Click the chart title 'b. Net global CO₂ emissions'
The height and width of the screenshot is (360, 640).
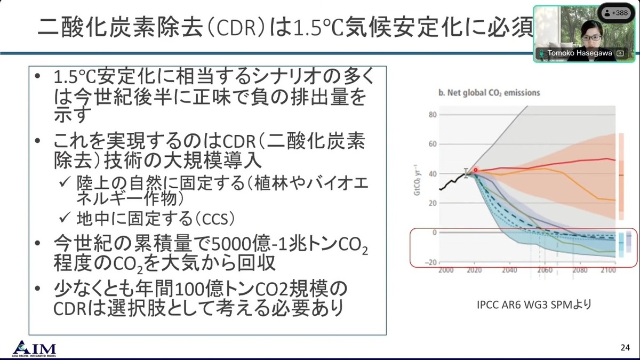tap(489, 93)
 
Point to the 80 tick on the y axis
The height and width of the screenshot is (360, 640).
tap(433, 115)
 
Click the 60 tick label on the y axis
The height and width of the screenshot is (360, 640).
tap(433, 144)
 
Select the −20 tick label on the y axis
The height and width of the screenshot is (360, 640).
tap(430, 262)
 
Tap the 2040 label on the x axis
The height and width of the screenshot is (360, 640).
tap(509, 270)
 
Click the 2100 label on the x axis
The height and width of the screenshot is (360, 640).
tap(608, 270)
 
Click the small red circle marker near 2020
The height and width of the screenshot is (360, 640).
tap(475, 170)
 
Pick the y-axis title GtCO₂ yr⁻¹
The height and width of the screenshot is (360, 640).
tap(418, 180)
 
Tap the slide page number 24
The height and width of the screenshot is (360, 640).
tap(625, 347)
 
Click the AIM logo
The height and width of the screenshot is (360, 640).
tap(34, 349)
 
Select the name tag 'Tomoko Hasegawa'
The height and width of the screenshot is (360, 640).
tap(579, 53)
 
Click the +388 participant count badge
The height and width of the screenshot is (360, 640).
tap(616, 13)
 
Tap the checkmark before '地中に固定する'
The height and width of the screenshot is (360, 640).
tap(65, 218)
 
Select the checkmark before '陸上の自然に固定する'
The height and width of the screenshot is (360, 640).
tap(65, 182)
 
